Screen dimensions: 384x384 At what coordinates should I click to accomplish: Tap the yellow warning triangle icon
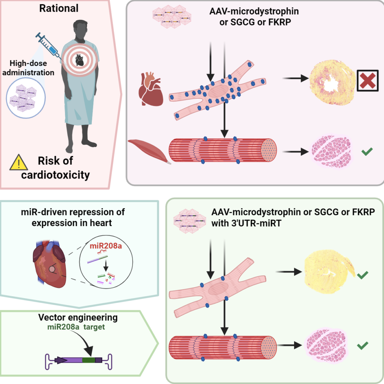[x=18, y=162]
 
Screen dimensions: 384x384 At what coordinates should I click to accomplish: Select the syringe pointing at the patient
[x=49, y=46]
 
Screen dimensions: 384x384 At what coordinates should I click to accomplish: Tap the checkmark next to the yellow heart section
[x=362, y=276]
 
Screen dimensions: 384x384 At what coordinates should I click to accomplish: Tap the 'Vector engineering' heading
[x=78, y=318]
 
